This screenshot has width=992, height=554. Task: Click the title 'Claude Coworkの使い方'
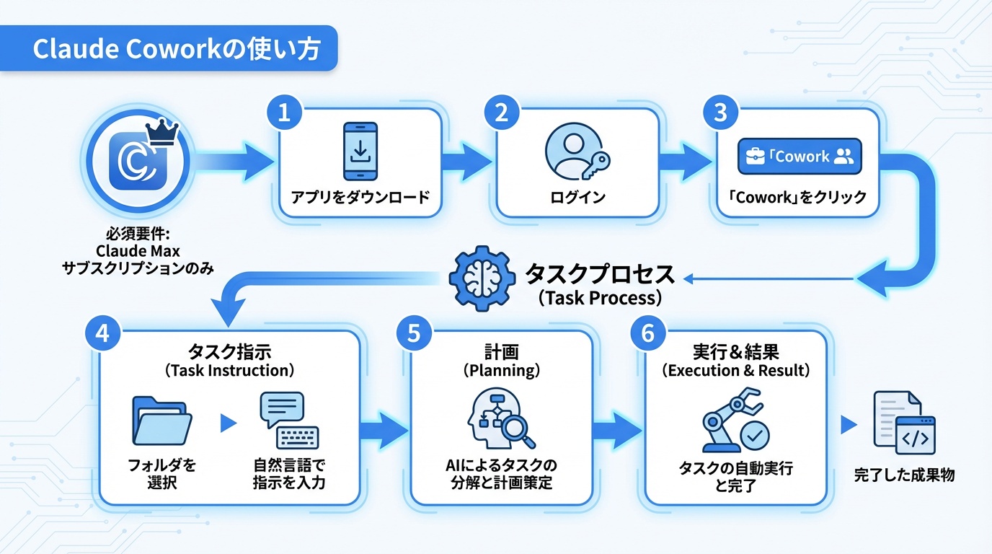(177, 49)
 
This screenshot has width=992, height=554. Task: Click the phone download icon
(360, 151)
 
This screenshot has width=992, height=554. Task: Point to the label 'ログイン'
(577, 197)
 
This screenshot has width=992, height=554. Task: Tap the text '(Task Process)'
(600, 298)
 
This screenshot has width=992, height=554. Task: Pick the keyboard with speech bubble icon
(288, 421)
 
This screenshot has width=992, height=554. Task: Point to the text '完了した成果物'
(904, 476)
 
